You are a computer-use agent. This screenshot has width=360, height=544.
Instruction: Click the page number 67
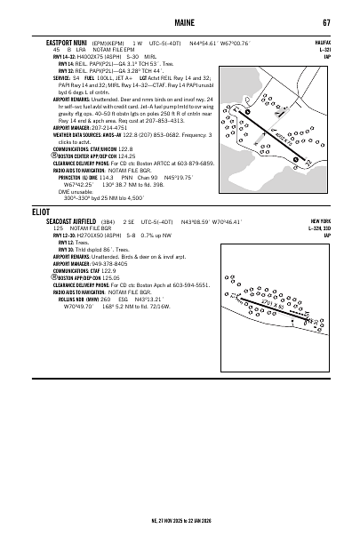(326, 21)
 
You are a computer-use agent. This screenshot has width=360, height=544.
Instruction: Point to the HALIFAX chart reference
(321, 41)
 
